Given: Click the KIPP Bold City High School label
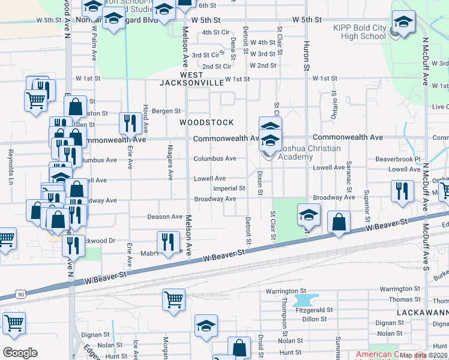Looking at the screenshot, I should [360, 32].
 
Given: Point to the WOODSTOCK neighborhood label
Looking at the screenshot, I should [207, 122].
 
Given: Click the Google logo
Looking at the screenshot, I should [20, 353].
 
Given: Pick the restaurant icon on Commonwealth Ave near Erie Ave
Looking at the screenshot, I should [129, 124].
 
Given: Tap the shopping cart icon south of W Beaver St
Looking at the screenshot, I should [173, 298].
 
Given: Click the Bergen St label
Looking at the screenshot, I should [166, 111].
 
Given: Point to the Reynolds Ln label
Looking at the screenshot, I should [10, 168].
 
